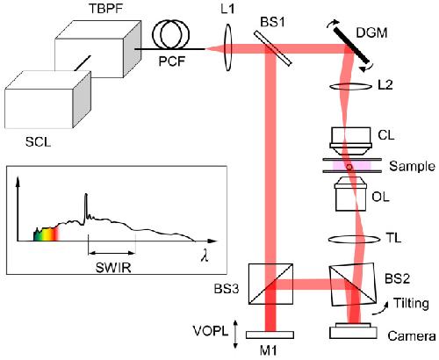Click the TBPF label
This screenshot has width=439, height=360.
104,8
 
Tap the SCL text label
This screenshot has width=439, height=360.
38,142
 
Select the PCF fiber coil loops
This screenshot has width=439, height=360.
170,34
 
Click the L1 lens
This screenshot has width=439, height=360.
228,47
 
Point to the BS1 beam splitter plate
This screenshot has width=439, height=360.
273,48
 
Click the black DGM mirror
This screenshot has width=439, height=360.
350,45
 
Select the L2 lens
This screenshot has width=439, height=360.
349,87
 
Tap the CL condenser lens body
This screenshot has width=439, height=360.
350,140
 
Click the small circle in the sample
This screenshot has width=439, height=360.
349,167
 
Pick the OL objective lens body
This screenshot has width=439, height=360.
350,194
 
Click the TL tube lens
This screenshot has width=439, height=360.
352,240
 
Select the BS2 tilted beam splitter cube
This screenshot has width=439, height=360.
353,284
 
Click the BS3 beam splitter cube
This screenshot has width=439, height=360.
270,284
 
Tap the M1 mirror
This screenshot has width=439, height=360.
270,335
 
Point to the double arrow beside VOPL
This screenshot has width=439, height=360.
235,335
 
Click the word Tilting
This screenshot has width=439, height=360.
411,304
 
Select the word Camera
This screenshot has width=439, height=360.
412,336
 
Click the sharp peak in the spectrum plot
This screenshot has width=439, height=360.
86,205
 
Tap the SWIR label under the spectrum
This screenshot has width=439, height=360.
113,268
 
